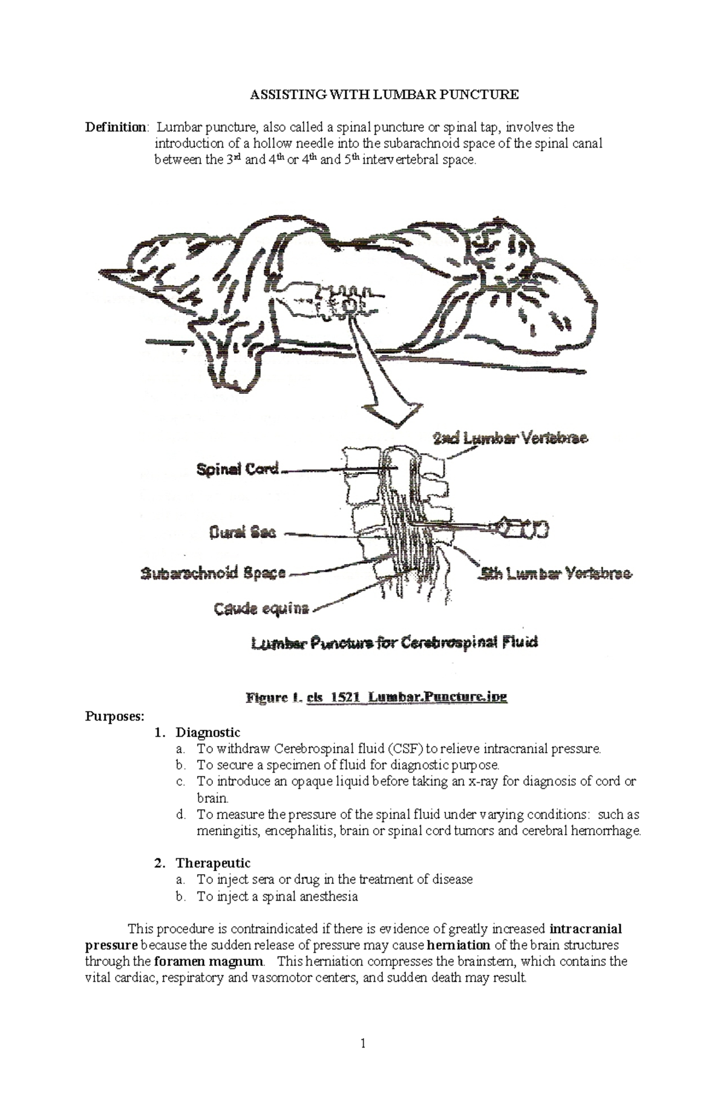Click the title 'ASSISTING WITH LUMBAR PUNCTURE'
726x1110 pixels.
pos(385,94)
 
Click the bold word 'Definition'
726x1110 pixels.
pos(115,128)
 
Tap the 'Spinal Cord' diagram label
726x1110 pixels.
pos(238,469)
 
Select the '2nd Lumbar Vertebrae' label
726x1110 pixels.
pos(510,438)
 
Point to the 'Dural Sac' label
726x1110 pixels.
pos(242,533)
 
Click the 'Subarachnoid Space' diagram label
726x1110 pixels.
pos(213,573)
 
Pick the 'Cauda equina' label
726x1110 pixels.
pos(261,609)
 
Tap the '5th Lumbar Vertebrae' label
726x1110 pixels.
pos(556,573)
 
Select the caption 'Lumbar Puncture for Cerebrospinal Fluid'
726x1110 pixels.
pos(394,643)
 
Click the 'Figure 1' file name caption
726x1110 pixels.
pos(376,697)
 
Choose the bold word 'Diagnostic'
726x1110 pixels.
pos(208,733)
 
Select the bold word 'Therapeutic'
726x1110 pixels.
pos(212,863)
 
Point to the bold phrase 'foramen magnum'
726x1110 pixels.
pos(209,961)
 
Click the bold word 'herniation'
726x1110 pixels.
pos(458,945)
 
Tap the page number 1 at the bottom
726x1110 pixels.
pos(363,1043)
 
